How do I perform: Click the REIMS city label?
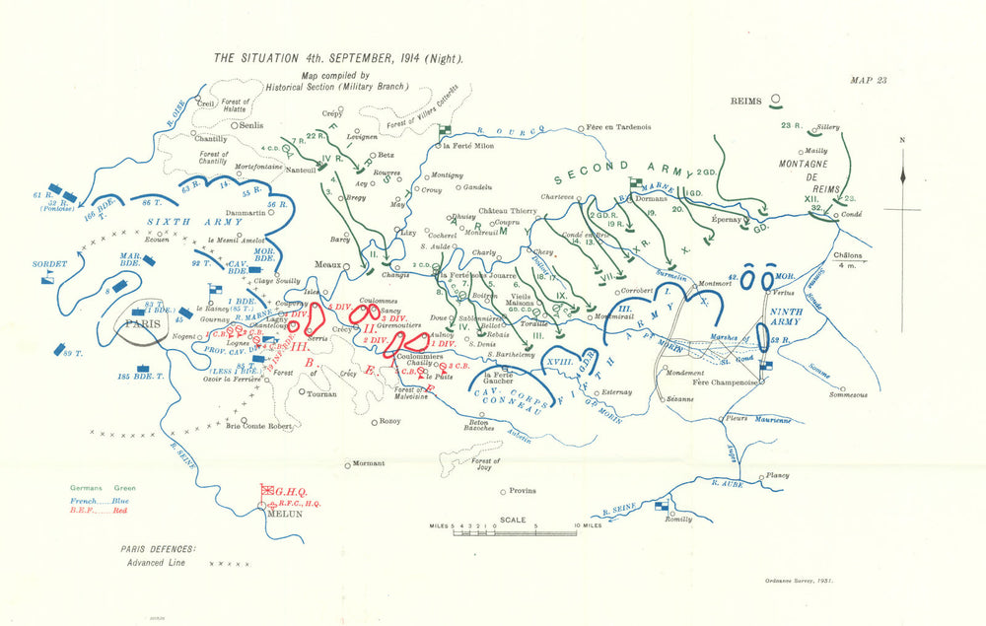[x=747, y=101]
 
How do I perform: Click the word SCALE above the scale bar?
[x=512, y=519]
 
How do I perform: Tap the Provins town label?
[x=522, y=491]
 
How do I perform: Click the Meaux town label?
[x=325, y=264]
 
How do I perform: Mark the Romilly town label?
[x=679, y=519]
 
